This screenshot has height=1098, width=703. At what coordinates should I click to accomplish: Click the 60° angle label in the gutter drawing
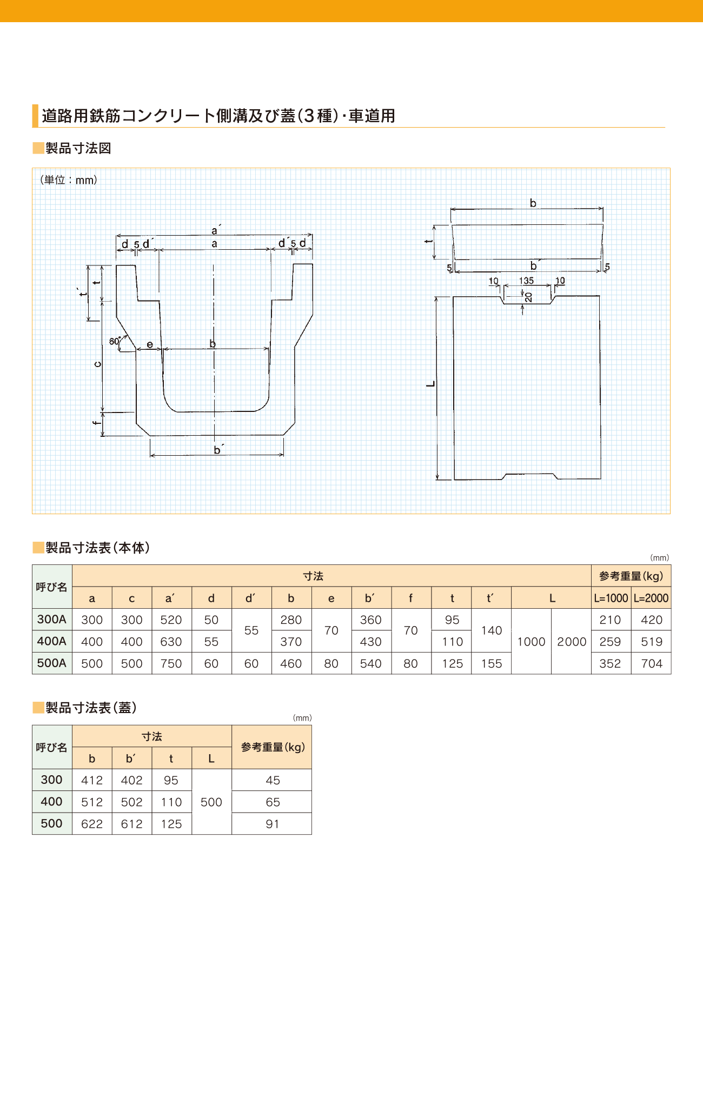pos(115,341)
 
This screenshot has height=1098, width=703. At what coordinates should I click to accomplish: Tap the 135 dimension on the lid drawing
pos(526,281)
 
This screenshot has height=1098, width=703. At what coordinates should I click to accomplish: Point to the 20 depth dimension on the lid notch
pos(528,297)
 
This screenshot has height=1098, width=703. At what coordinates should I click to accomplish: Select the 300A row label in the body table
pos(52,620)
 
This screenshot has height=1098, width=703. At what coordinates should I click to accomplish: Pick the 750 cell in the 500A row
pos(171,663)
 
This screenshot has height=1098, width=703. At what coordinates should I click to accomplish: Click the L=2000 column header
pos(651,598)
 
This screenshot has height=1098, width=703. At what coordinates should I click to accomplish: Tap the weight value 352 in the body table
pos(610,663)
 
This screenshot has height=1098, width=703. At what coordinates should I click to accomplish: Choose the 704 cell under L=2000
pos(652,663)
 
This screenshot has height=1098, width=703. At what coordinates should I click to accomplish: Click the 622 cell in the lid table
pos(92,824)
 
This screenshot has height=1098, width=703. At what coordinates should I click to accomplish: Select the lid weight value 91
pos(272,824)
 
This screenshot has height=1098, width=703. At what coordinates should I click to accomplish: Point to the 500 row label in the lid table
pos(52,823)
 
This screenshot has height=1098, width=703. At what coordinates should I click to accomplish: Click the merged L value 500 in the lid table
pos(211,802)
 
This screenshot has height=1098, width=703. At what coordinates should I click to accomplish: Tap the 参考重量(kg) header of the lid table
pos(273,747)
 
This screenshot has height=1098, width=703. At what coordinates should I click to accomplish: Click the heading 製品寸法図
pos(78,148)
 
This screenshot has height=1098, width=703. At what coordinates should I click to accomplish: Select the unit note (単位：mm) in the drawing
pos(69,180)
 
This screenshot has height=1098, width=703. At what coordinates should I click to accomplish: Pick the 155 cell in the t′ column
pos(492,663)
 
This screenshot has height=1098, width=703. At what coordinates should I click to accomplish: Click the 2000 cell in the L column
pos(572,642)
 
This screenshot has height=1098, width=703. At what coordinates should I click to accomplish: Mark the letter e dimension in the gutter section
pos(150,344)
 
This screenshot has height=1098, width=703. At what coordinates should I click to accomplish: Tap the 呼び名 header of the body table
pos(52,587)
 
